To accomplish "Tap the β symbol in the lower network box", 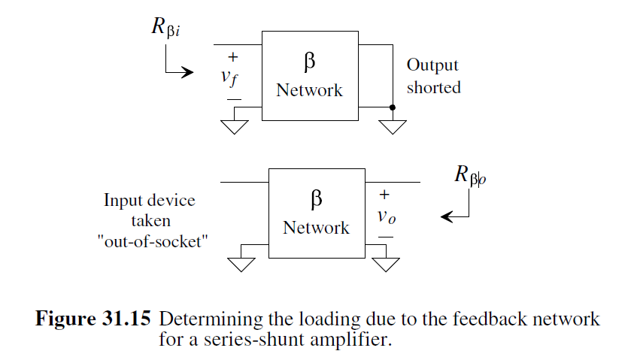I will [317, 199].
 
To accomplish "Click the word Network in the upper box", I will [309, 90].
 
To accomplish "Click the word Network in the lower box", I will [317, 227].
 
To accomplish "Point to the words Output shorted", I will [432, 77].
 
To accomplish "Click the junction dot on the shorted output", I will [392, 107].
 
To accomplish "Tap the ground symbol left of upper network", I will [235, 126].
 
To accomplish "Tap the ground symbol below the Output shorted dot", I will [392, 126].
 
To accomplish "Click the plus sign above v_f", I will [234, 57].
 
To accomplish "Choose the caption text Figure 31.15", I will [93, 319].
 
